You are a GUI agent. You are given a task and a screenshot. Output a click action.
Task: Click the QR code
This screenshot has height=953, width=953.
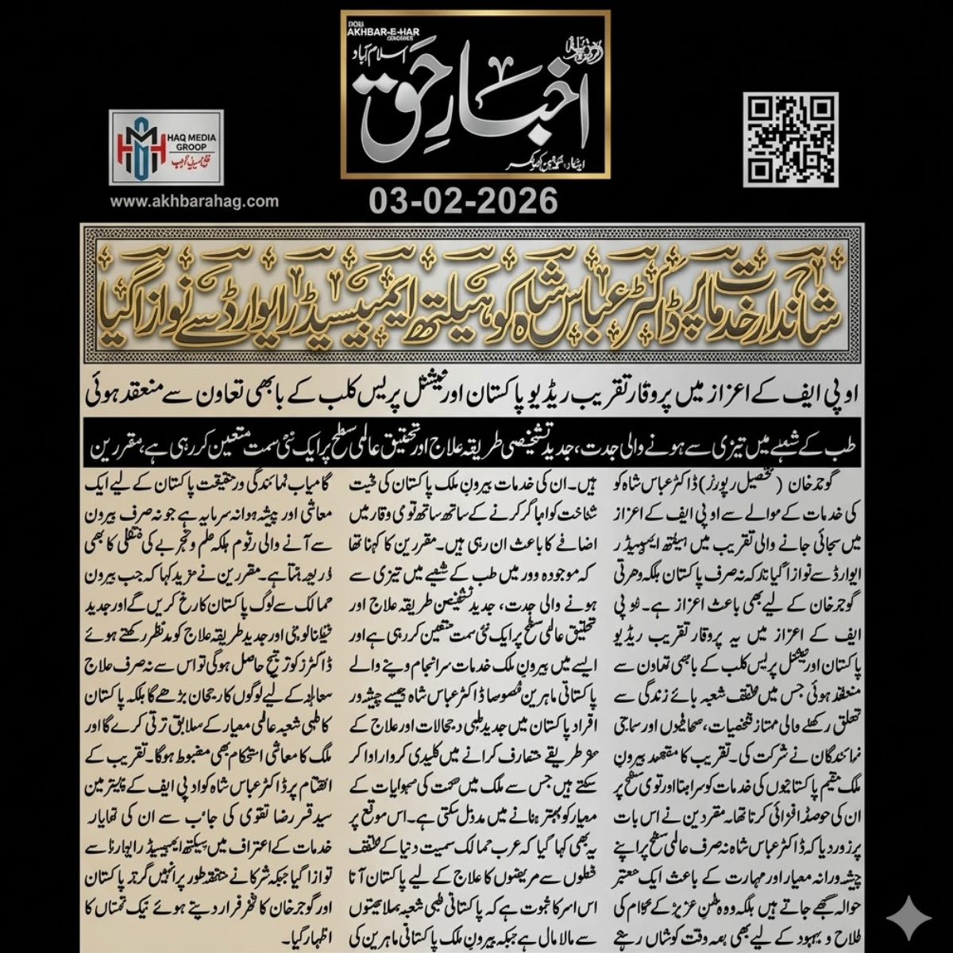click(790, 140)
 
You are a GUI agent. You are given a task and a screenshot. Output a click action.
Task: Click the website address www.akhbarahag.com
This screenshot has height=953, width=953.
click(195, 201)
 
